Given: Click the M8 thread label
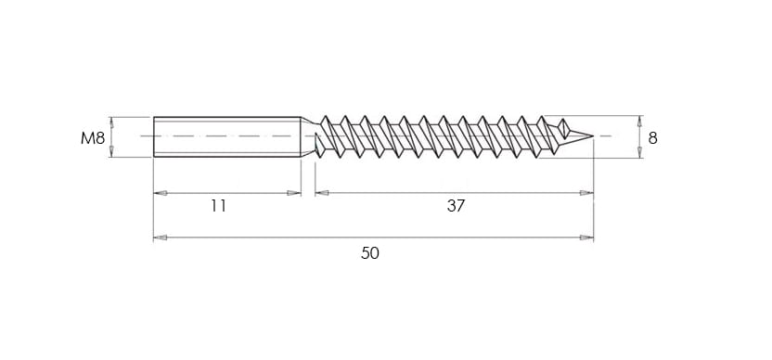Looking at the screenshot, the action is [93, 138].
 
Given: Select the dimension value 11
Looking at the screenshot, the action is [219, 206].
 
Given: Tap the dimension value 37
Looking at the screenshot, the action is [456, 206].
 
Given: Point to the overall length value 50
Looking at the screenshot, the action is [370, 253].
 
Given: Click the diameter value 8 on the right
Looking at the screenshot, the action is [653, 138].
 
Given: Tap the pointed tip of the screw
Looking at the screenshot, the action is [593, 135].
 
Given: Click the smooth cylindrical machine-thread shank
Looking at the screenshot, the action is [227, 137].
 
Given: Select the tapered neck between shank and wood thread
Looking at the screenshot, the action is [308, 137].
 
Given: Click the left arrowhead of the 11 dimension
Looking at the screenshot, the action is [160, 193].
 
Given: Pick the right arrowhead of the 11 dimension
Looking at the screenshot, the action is [294, 193].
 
